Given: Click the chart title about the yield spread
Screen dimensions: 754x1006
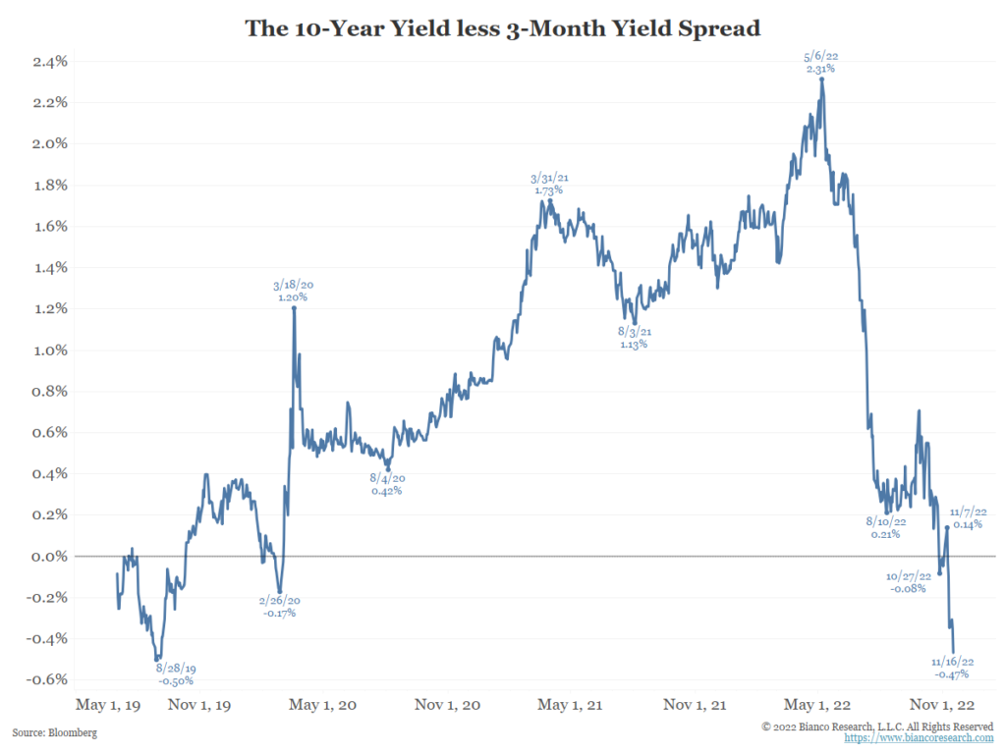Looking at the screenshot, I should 502,28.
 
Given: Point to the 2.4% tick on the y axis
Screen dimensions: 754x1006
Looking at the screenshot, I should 48,61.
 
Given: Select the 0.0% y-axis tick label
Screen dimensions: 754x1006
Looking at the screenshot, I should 48,556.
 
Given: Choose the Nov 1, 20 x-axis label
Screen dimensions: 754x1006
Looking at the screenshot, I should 446,705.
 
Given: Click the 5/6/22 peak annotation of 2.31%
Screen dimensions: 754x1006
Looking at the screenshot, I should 820,64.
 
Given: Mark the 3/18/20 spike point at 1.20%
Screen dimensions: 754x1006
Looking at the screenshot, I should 294,307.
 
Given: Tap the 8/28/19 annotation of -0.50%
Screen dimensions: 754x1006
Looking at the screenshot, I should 175,673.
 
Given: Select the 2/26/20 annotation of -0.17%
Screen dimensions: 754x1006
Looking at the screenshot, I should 279,606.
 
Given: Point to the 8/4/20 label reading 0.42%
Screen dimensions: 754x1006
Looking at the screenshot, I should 388,484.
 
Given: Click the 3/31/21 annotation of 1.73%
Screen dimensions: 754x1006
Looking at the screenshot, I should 549,184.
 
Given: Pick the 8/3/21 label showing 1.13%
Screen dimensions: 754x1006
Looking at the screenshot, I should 634,338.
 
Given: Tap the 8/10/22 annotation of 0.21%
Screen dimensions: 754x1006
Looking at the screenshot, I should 884,528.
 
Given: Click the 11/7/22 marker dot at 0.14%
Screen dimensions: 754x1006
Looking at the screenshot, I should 947,527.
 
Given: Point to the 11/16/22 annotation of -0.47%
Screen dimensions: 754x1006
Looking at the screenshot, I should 952,668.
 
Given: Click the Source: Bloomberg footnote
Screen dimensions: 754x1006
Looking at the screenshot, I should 55,732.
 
